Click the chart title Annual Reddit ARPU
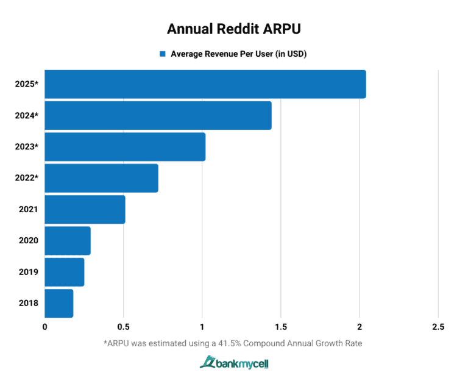click(233, 29)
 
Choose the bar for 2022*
click(101, 178)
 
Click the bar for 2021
click(85, 209)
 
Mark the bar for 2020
click(68, 240)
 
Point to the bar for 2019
click(65, 272)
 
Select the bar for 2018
click(59, 303)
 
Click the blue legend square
click(163, 54)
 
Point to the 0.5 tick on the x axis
click(123, 327)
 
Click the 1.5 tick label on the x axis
click(280, 327)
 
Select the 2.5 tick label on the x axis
click(438, 327)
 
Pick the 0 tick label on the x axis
click(45, 327)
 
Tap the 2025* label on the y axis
click(27, 84)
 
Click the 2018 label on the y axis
click(29, 303)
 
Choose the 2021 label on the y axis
click(29, 209)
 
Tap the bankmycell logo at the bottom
click(234, 363)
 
